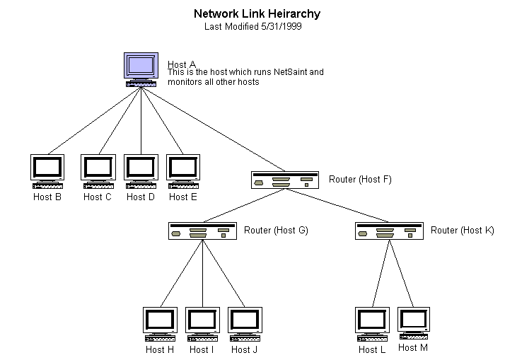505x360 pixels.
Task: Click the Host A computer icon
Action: tap(141, 69)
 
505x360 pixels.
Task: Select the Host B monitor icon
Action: tap(47, 170)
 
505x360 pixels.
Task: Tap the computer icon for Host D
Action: tap(141, 170)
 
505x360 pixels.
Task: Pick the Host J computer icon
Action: tap(245, 323)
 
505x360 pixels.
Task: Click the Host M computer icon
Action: tap(414, 323)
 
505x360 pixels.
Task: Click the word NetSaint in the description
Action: tap(292, 72)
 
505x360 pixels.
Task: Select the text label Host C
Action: tap(98, 197)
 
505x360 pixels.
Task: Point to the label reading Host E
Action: tap(183, 197)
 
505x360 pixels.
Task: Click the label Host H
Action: tap(160, 349)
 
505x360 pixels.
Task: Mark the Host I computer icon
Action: tap(203, 323)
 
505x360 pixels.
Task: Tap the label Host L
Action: tap(372, 349)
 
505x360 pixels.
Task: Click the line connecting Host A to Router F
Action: tap(212, 128)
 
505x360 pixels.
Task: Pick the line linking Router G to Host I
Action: tap(203, 272)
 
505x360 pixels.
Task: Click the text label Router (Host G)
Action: tap(276, 231)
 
